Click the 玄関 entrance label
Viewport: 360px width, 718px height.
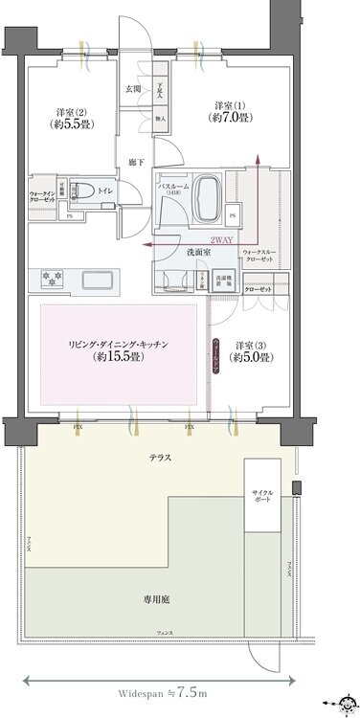[132, 89]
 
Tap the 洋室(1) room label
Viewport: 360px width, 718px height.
[228, 111]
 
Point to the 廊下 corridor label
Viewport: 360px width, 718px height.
[136, 163]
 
